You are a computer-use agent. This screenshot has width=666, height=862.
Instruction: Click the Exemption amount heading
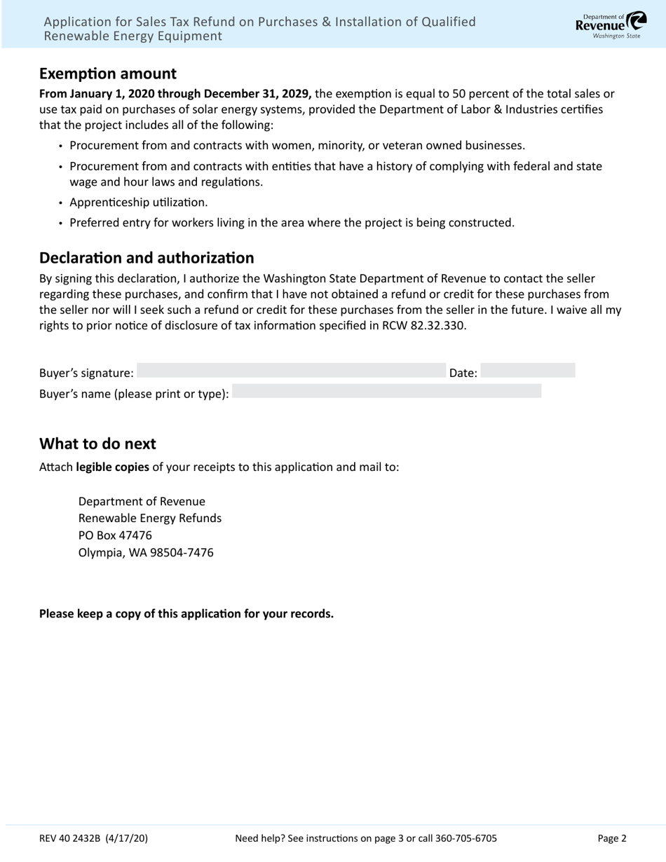(x=108, y=74)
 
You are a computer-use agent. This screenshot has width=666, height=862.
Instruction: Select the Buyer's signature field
(x=291, y=371)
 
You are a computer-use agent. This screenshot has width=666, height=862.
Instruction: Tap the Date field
(x=528, y=371)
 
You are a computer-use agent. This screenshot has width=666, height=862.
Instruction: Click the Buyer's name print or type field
(x=386, y=392)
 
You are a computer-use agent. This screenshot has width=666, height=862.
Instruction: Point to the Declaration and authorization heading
(x=147, y=258)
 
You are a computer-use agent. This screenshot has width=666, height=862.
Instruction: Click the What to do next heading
(x=97, y=444)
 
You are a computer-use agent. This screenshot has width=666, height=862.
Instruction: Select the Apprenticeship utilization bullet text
(x=139, y=203)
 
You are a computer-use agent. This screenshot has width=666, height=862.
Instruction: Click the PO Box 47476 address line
(x=115, y=535)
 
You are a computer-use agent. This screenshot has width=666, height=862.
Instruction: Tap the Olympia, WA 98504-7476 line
(x=146, y=552)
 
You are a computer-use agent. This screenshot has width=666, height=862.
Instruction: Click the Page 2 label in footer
(x=612, y=838)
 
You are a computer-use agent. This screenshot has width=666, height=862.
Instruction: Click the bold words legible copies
(x=112, y=467)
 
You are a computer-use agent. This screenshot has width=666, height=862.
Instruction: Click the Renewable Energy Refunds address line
(x=150, y=519)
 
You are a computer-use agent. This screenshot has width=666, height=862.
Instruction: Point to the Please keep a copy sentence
(x=186, y=614)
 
